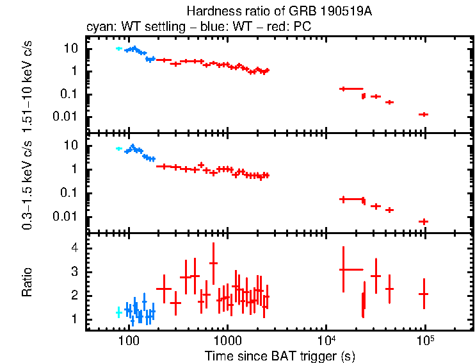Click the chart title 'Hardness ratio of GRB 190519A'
[280, 11]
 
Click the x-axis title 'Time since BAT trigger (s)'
[280, 355]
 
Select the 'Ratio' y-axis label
[28, 282]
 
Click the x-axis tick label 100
[129, 339]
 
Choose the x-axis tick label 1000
[227, 339]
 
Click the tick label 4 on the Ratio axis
[74, 248]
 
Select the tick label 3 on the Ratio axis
[74, 271]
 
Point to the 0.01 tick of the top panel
[68, 116]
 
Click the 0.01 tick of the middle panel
[68, 216]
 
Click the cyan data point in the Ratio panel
[118, 312]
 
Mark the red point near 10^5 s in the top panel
[423, 114]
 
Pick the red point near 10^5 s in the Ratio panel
[423, 294]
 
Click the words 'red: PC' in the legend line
[292, 28]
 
